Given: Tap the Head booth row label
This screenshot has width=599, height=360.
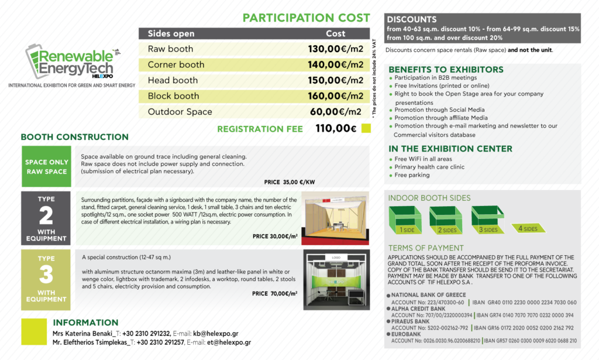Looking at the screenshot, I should pyautogui.click(x=173, y=80).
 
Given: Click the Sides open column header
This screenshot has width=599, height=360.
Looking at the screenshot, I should pyautogui.click(x=171, y=34).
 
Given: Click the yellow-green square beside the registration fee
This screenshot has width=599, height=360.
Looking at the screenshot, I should pyautogui.click(x=366, y=129).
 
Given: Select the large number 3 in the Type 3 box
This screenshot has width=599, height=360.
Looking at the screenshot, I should pyautogui.click(x=46, y=275).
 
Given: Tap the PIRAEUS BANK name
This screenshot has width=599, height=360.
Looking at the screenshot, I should pyautogui.click(x=411, y=321).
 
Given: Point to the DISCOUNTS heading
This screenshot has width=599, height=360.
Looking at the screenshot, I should pyautogui.click(x=412, y=19).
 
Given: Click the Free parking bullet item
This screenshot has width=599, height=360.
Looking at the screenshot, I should pyautogui.click(x=412, y=175).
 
